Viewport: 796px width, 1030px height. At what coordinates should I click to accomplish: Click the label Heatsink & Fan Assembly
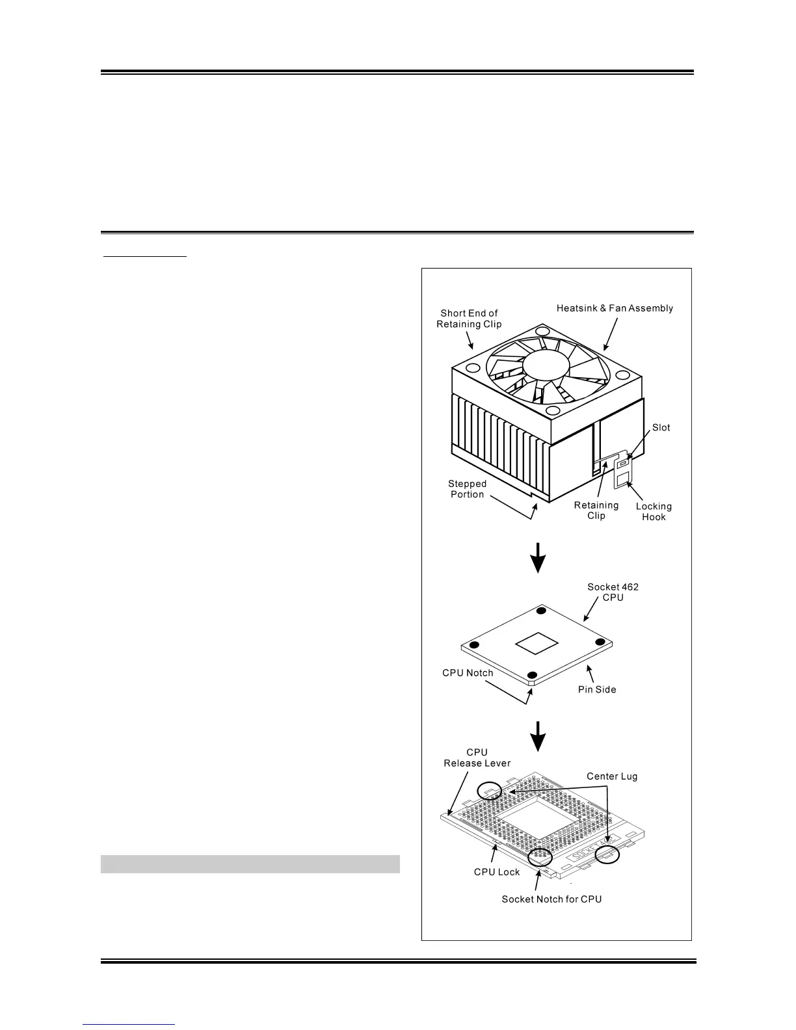pos(615,308)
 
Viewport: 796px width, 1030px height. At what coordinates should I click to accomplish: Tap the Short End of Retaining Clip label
pos(469,319)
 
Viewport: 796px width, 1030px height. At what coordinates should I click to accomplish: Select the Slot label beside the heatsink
pos(661,427)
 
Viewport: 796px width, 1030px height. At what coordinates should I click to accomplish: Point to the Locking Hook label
pos(654,511)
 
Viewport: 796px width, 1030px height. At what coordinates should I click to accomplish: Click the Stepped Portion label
pos(467,489)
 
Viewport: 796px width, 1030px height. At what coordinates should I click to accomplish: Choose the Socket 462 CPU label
pos(613,592)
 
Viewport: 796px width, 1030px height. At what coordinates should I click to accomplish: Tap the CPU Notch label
pos(468,672)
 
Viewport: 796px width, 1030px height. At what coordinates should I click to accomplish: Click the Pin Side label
pos(597,689)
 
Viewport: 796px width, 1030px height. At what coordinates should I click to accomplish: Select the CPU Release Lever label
pos(477,758)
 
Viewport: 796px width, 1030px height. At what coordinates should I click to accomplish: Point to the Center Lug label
pos(612,776)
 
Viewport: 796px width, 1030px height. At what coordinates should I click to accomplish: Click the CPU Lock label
pos(497,871)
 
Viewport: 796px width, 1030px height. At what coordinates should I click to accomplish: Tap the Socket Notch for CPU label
pos(551,899)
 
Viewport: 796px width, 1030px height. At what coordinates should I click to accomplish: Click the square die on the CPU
pos(537,642)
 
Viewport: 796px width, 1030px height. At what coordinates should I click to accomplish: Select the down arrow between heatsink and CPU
pos(537,558)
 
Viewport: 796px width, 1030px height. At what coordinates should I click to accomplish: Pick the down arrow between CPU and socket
pos(537,734)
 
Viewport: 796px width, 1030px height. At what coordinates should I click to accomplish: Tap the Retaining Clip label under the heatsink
pos(596,510)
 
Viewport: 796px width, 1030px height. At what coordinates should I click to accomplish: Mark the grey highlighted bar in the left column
pos(250,864)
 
